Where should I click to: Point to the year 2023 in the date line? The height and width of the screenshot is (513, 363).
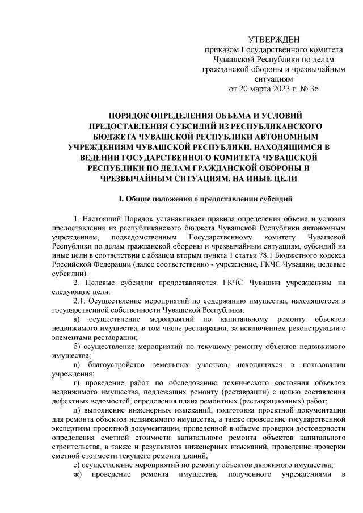(276, 89)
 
